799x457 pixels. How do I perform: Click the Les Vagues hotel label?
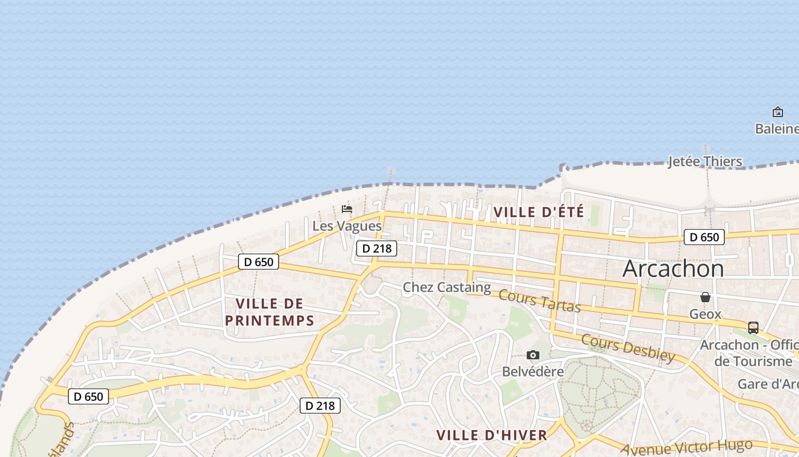[x=346, y=226]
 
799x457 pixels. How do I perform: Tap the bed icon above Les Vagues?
[x=346, y=209]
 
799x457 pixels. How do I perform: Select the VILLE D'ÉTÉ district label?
[x=538, y=212]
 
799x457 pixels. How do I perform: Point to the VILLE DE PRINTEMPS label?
[x=269, y=312]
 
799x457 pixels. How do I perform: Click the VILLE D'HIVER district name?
[x=491, y=435]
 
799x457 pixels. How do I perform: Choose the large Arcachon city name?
[x=673, y=268]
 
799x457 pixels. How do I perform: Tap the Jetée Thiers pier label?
[x=705, y=161]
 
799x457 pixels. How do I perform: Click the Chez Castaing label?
[x=447, y=287]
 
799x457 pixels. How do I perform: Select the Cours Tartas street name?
[x=539, y=301]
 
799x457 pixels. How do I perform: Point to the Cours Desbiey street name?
[x=628, y=348]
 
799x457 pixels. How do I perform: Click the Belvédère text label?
[x=532, y=371]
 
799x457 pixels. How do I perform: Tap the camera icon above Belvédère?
[x=533, y=355]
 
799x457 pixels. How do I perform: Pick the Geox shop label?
[x=705, y=314]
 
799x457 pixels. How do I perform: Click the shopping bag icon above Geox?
[x=705, y=297]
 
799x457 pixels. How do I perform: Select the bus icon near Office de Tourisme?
[x=753, y=328]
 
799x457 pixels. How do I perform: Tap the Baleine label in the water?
[x=776, y=129]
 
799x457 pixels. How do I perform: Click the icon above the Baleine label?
[x=777, y=112]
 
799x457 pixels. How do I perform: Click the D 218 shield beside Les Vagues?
[x=376, y=248]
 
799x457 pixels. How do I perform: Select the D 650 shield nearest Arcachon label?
[x=704, y=237]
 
